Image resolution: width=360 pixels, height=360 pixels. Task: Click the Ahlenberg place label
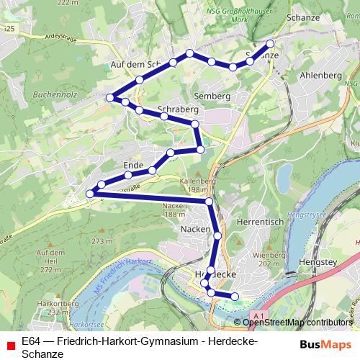pos(320,76)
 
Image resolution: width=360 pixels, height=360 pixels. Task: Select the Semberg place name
pos(211,95)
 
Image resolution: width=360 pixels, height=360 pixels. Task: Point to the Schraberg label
pos(177,108)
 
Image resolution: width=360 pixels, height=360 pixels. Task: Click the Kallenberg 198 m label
pos(198,185)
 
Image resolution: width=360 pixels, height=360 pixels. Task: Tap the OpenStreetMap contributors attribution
pos(297,323)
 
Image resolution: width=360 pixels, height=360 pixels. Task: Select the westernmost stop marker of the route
pos(91,193)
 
